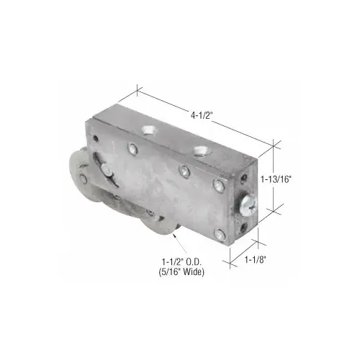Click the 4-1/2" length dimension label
(202, 116)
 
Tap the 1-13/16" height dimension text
(276, 179)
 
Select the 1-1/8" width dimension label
(256, 259)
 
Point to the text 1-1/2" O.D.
(181, 261)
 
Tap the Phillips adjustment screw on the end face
(248, 205)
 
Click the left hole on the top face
(150, 130)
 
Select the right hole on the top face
(202, 150)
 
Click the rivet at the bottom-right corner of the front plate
(220, 235)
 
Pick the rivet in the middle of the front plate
(184, 171)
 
